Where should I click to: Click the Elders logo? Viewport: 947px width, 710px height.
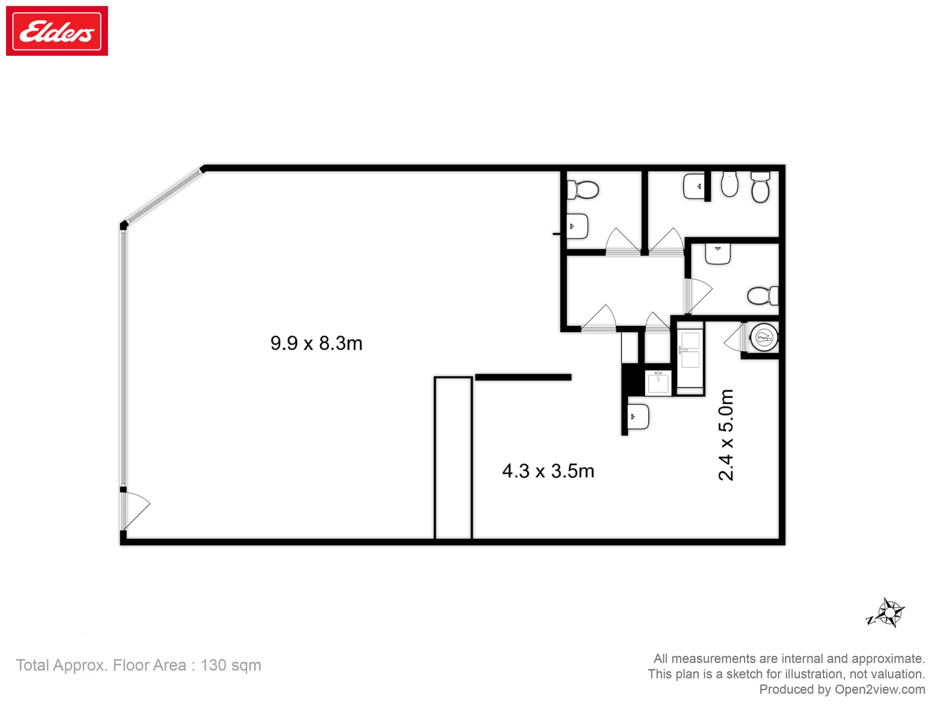click(57, 31)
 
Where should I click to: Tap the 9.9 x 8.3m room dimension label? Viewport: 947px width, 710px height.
click(316, 343)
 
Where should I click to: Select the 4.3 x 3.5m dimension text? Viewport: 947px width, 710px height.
click(548, 471)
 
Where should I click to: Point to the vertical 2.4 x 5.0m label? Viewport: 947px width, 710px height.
click(726, 435)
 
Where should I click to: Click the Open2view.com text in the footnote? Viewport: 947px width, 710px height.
click(880, 689)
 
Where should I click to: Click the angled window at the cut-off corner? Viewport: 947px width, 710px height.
click(163, 197)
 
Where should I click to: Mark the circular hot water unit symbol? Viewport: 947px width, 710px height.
click(764, 337)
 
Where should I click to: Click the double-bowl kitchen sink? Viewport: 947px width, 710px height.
click(690, 350)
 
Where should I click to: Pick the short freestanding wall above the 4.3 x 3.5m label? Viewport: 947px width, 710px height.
click(523, 377)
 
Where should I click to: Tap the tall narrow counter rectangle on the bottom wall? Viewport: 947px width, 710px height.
click(453, 458)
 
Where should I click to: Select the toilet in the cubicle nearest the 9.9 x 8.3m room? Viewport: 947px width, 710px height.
click(584, 190)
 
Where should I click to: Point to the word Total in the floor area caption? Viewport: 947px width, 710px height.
click(32, 665)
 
